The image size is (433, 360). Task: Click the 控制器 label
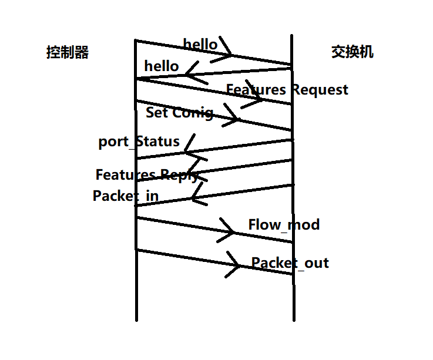pyautogui.click(x=68, y=53)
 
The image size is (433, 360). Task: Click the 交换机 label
pyautogui.click(x=353, y=52)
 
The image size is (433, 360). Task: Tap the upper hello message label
pyautogui.click(x=200, y=44)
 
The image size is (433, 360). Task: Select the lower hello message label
pyautogui.click(x=161, y=66)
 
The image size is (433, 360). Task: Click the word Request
pyautogui.click(x=320, y=90)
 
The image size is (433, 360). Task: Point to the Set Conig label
pyautogui.click(x=179, y=112)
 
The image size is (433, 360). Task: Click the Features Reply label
pyautogui.click(x=147, y=175)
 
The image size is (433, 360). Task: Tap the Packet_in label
pyautogui.click(x=126, y=196)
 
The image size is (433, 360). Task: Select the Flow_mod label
pyautogui.click(x=284, y=224)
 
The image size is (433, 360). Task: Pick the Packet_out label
pyautogui.click(x=290, y=263)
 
